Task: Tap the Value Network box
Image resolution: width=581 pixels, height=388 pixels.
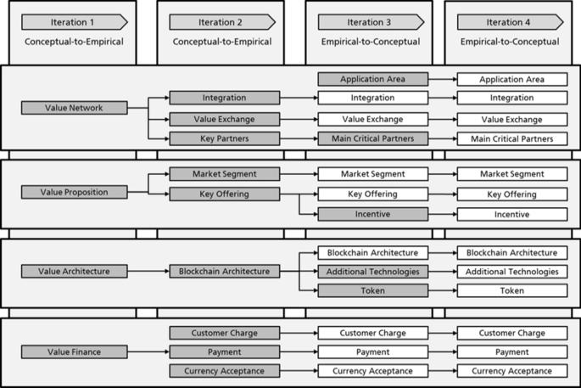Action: [x=74, y=108]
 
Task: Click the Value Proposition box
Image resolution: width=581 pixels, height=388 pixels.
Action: [x=74, y=192]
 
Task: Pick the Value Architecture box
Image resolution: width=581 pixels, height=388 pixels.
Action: [x=74, y=272]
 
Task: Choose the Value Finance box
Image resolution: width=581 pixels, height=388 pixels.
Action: [x=74, y=351]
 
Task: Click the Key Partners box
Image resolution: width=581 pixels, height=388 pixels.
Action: [x=224, y=138]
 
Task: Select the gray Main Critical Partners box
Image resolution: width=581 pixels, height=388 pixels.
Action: [x=372, y=138]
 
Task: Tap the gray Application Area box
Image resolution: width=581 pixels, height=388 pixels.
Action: [x=372, y=80]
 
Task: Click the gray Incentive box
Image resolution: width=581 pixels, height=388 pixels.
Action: [x=372, y=214]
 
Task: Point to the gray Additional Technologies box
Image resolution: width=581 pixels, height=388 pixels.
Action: [x=372, y=272]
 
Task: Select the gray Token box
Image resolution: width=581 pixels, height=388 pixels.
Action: [x=372, y=291]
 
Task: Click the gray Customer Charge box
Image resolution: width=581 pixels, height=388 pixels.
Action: [x=224, y=333]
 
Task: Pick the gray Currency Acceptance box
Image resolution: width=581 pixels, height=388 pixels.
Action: [x=224, y=371]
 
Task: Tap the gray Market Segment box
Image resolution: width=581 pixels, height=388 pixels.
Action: [x=224, y=174]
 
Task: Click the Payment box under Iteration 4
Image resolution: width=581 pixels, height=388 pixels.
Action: [x=511, y=351]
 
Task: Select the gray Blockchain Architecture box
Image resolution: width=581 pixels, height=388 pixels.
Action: [x=224, y=272]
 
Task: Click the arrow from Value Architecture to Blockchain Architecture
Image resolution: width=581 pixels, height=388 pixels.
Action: [x=148, y=272]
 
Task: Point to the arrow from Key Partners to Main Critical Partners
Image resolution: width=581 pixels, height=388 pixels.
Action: [x=299, y=138]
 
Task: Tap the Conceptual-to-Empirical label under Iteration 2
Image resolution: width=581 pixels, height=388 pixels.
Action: [x=222, y=42]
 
